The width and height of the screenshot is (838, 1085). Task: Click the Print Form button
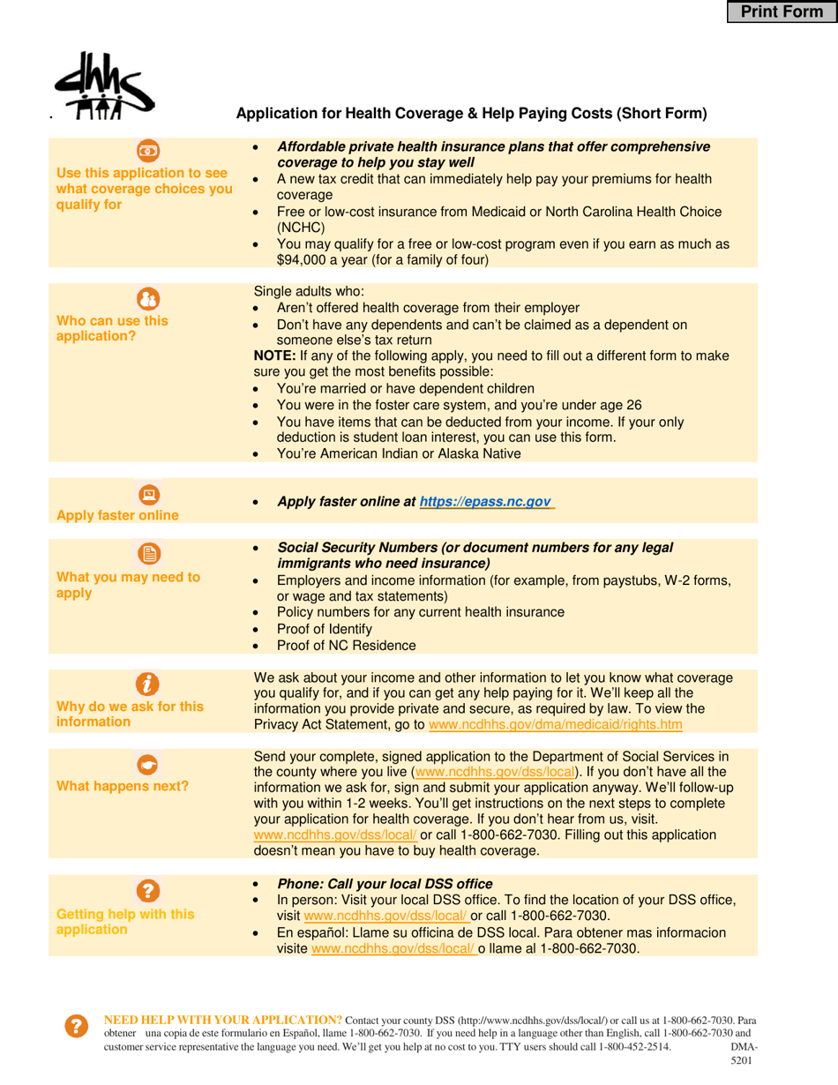782,11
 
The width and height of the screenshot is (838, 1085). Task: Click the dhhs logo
103,85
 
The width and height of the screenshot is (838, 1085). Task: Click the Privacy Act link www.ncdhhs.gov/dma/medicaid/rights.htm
555,724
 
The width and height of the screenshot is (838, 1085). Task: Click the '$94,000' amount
302,260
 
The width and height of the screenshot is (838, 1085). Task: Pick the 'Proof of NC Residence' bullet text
346,645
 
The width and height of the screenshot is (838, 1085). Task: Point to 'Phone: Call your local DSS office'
385,884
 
